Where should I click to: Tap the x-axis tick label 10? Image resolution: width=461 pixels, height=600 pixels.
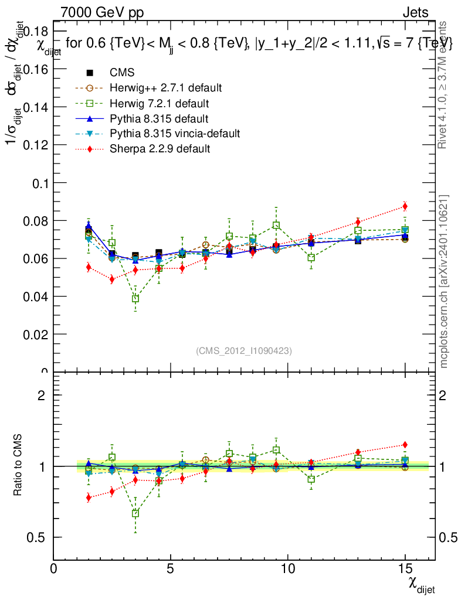(287, 568)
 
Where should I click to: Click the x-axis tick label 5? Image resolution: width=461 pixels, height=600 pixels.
(170, 568)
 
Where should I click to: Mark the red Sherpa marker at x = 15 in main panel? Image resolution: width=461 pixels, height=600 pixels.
(405, 206)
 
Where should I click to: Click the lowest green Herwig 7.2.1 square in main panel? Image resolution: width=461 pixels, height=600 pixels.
(135, 298)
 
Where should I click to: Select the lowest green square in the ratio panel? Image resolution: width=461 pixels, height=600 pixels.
(135, 513)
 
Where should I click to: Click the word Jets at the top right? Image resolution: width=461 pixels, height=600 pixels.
(415, 12)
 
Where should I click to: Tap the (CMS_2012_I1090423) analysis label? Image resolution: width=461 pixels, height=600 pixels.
(244, 350)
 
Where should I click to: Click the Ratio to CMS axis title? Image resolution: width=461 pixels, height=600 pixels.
(18, 465)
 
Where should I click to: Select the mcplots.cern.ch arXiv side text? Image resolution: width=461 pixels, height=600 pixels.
(444, 281)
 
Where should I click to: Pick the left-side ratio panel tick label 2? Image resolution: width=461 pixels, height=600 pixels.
(41, 395)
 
